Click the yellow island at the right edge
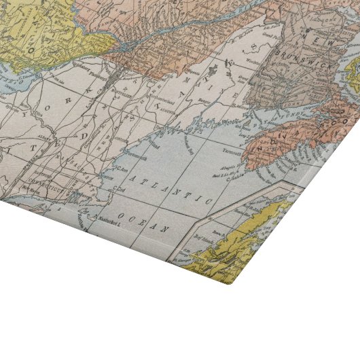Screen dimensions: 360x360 (x=352, y=75)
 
